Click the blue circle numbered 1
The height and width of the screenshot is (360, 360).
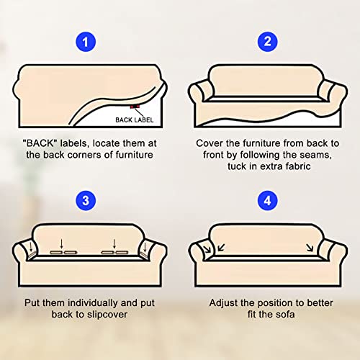pos(86,42)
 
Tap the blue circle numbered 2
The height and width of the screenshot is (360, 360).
pos(267,42)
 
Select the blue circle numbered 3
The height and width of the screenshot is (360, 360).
pos(86,201)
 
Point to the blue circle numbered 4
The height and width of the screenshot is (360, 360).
pos(267,201)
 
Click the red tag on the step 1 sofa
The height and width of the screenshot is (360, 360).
pos(135,107)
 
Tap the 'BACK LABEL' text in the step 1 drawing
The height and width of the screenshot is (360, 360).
pos(135,120)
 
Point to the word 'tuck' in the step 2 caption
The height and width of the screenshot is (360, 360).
pos(236,166)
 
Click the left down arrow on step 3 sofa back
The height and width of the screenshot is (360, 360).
pos(62,243)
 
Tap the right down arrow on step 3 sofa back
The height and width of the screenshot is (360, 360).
pos(114,243)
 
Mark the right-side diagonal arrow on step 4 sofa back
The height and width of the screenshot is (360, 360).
pos(310,248)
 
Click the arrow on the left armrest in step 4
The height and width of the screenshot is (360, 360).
pos(207,249)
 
